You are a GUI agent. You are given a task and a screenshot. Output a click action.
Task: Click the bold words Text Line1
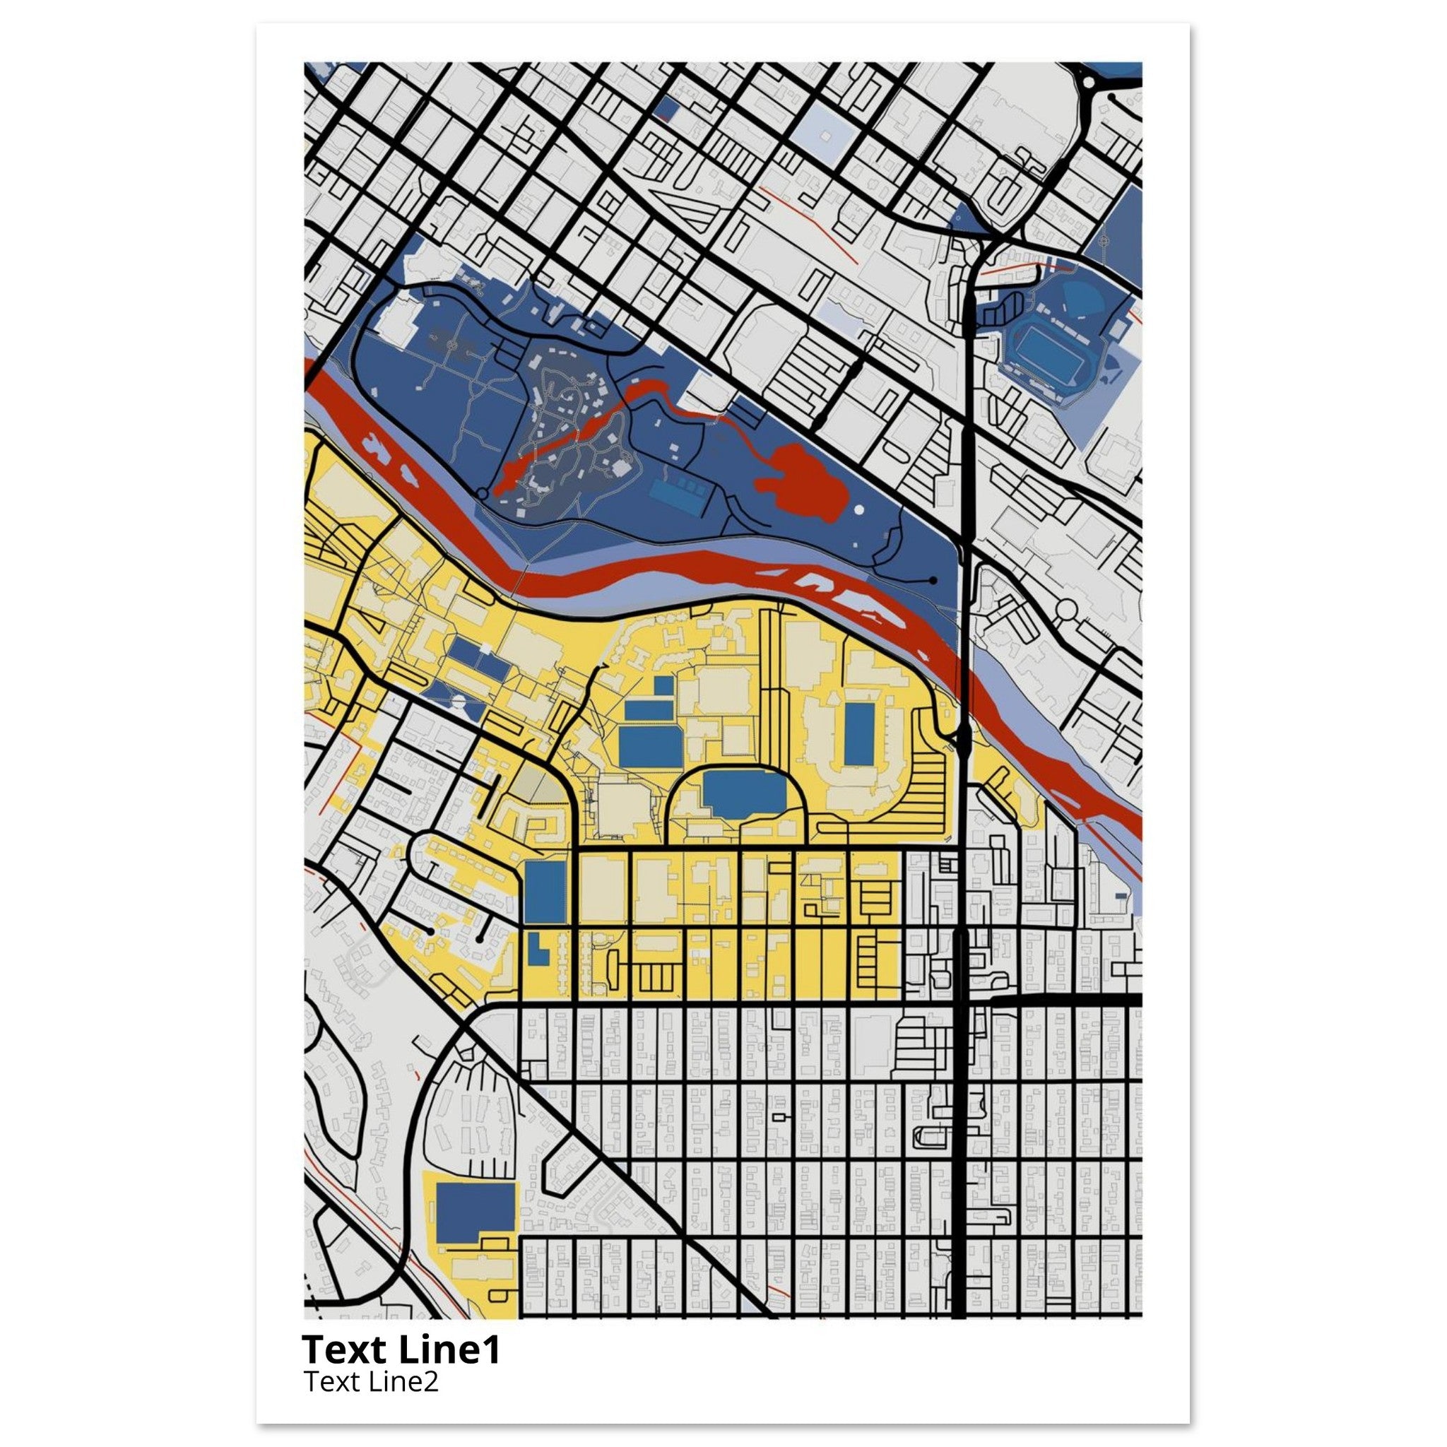400,1349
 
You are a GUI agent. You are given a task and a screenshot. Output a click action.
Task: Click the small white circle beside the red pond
859,510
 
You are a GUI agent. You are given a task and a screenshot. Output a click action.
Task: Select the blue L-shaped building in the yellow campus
536,950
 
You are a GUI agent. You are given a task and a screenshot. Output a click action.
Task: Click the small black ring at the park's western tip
483,495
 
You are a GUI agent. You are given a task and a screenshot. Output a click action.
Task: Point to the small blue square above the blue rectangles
663,685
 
